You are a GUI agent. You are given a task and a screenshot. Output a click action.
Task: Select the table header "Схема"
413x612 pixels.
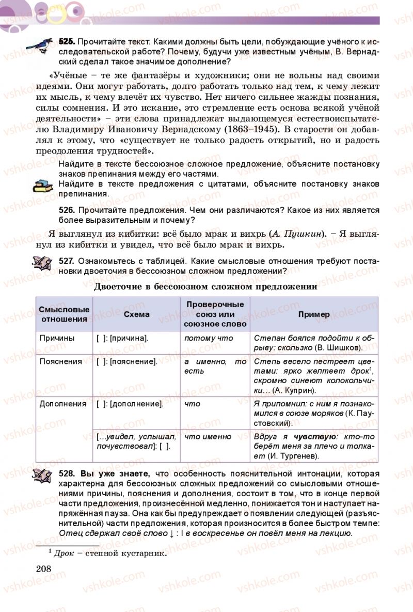(137, 314)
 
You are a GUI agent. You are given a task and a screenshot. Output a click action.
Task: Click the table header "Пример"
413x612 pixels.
(314, 314)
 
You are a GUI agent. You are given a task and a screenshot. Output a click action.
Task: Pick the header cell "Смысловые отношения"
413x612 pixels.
(64, 314)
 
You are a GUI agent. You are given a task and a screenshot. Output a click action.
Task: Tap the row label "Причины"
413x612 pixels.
(57, 338)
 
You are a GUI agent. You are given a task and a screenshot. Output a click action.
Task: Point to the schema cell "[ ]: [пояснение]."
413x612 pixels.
(127, 362)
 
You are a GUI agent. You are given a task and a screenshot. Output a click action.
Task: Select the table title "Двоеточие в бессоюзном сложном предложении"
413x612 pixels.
(206, 287)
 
